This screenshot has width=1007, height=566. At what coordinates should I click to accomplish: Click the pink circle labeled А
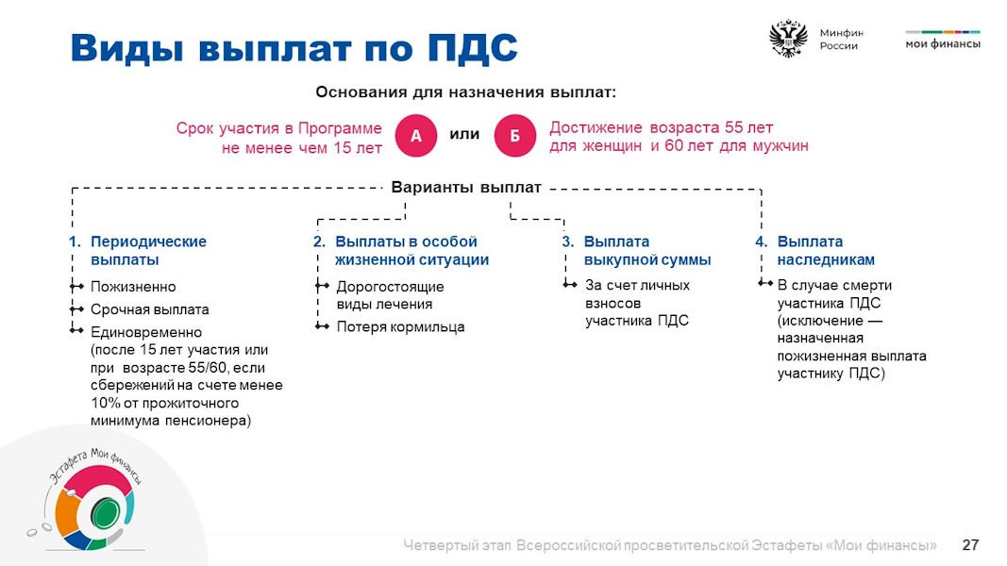pyautogui.click(x=415, y=136)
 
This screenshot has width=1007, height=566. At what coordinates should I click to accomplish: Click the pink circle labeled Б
pyautogui.click(x=515, y=136)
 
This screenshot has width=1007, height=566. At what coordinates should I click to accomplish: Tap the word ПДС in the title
pyautogui.click(x=473, y=47)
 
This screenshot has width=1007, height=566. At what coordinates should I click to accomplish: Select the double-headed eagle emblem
pyautogui.click(x=789, y=39)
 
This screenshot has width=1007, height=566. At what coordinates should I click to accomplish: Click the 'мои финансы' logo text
pyautogui.click(x=943, y=43)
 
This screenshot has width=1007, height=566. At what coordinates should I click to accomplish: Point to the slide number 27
pyautogui.click(x=970, y=545)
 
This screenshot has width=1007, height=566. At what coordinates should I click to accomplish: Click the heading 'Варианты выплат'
pyautogui.click(x=466, y=188)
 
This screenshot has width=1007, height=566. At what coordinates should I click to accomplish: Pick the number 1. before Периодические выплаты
pyautogui.click(x=76, y=241)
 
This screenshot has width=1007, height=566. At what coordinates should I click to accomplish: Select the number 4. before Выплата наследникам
pyautogui.click(x=762, y=241)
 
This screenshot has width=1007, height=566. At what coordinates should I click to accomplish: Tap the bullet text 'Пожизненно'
pyautogui.click(x=133, y=287)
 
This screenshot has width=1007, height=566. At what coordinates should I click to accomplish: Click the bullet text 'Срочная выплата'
pyautogui.click(x=150, y=309)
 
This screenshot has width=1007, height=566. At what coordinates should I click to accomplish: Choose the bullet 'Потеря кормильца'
pyautogui.click(x=401, y=326)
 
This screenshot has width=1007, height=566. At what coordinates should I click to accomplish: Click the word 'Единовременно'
pyautogui.click(x=146, y=332)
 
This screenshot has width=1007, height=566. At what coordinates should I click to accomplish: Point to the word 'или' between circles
pyautogui.click(x=464, y=134)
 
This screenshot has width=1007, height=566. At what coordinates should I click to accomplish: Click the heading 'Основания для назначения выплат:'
pyautogui.click(x=465, y=92)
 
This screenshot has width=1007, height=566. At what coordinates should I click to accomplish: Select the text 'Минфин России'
pyautogui.click(x=841, y=39)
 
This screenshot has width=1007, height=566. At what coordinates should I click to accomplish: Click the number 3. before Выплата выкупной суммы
pyautogui.click(x=568, y=241)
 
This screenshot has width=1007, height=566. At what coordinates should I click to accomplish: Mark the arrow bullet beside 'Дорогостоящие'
pyautogui.click(x=323, y=286)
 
